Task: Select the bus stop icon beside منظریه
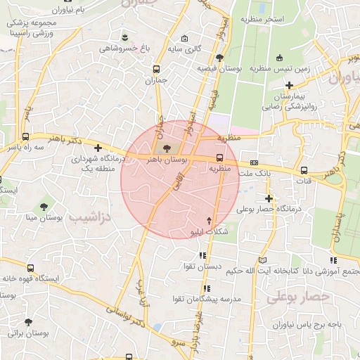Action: point(220,157)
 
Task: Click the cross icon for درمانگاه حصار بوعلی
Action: point(269,198)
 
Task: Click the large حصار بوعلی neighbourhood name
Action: point(297,297)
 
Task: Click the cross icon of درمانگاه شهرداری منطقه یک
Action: point(98,148)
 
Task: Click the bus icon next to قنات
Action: point(304,169)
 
